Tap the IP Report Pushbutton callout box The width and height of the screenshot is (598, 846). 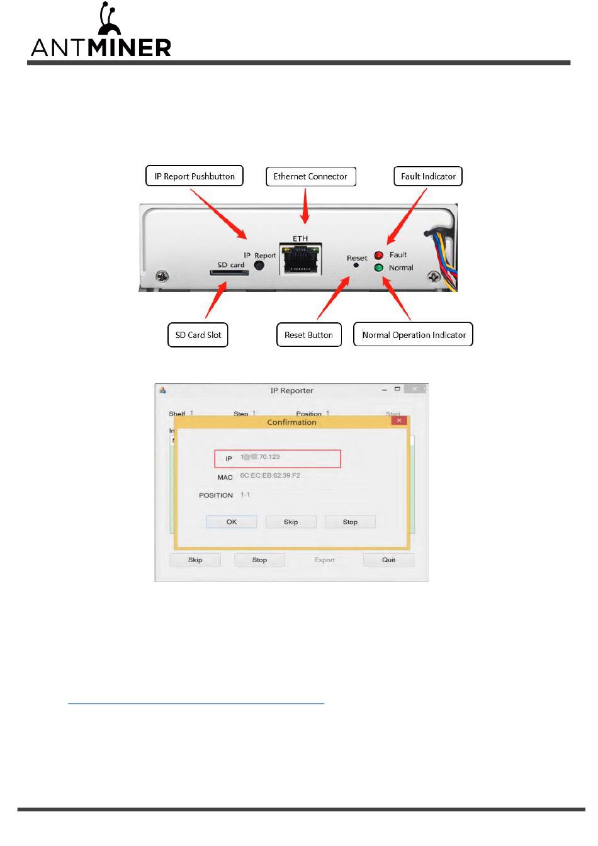195,176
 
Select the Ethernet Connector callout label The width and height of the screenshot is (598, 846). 310,176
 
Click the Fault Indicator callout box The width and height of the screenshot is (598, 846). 428,176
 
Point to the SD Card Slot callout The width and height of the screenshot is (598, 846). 198,335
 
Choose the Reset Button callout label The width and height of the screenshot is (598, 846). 308,335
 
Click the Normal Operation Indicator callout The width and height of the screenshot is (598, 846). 414,335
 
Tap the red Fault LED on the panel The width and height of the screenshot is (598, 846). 379,256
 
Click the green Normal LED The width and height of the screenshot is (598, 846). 379,268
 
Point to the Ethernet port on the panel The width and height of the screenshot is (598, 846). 301,259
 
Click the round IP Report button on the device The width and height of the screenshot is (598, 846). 259,266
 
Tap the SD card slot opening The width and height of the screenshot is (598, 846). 228,273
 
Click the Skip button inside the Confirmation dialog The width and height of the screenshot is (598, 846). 291,522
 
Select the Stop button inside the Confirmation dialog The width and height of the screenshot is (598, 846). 350,522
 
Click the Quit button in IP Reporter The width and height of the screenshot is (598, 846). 388,560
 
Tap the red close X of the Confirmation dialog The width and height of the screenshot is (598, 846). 399,420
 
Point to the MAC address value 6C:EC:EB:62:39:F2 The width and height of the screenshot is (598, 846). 270,476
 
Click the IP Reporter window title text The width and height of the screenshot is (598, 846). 291,391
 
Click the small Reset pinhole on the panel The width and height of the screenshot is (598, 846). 356,266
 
